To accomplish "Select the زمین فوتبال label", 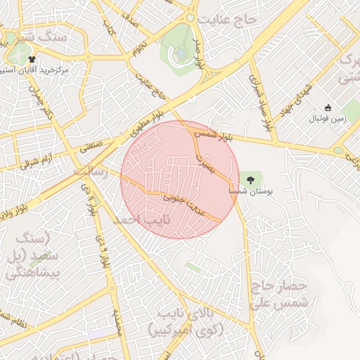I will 328,119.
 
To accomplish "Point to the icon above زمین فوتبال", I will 328,108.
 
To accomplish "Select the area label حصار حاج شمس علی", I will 279,293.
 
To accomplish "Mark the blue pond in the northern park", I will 181,53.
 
